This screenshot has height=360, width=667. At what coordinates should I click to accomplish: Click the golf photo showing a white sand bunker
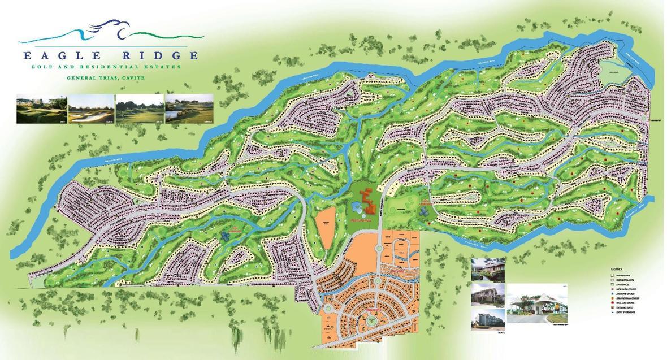90,109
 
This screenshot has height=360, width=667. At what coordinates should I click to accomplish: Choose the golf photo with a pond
189,109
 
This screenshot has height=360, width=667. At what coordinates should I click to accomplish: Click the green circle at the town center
371,320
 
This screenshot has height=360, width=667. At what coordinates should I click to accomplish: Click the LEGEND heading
616,269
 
